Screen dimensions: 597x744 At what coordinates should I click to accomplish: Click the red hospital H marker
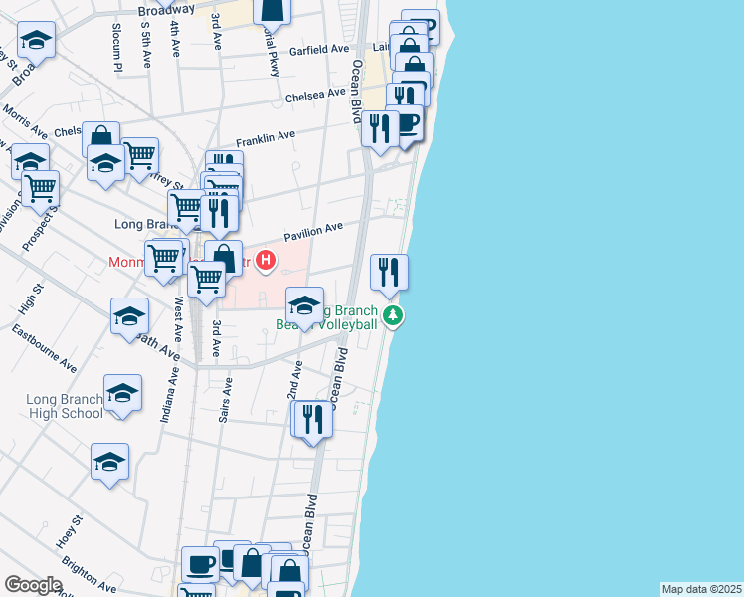point(266,262)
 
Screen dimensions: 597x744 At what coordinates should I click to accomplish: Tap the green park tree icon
point(395,316)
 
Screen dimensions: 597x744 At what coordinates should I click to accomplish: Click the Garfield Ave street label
point(319,49)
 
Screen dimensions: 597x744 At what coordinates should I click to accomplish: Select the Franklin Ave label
point(266,138)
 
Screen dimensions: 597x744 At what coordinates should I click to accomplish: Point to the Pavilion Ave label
point(313,232)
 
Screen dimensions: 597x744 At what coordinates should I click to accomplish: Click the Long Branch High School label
point(64,406)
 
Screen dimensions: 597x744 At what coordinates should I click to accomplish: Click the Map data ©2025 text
point(702,589)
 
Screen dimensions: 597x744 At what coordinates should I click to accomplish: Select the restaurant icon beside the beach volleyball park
point(389,271)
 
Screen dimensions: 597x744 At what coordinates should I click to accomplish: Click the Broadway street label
point(166,9)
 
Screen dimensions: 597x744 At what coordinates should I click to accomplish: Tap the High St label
point(38,299)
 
